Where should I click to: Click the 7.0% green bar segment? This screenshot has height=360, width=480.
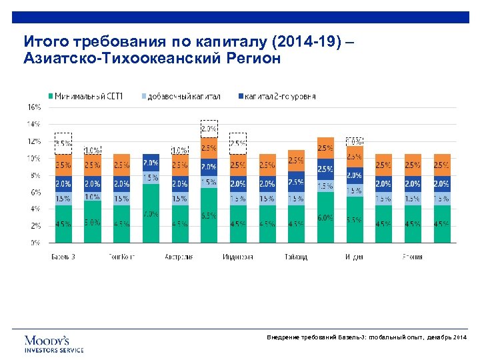(151, 213)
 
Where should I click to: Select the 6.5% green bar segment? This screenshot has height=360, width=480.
(209, 215)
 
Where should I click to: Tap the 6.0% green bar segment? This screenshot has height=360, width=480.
(325, 217)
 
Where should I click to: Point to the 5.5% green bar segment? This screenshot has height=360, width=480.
(354, 219)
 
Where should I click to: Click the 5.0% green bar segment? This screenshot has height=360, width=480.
(92, 221)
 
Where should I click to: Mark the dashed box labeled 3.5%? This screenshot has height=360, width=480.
(63, 142)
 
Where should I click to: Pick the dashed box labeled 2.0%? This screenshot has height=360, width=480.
(209, 129)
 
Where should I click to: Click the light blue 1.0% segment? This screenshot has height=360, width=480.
(92, 197)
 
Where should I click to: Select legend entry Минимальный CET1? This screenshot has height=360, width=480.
(90, 96)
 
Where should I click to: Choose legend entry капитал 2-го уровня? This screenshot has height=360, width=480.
(277, 96)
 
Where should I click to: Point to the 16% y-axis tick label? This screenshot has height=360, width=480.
(33, 107)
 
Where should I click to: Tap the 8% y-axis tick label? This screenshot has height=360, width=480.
(35, 175)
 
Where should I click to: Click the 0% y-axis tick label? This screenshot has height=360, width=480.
(35, 243)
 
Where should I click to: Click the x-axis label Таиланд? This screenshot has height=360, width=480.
(295, 256)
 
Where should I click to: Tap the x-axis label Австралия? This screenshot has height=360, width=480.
(179, 256)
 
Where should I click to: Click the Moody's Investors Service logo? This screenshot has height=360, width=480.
(54, 343)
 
